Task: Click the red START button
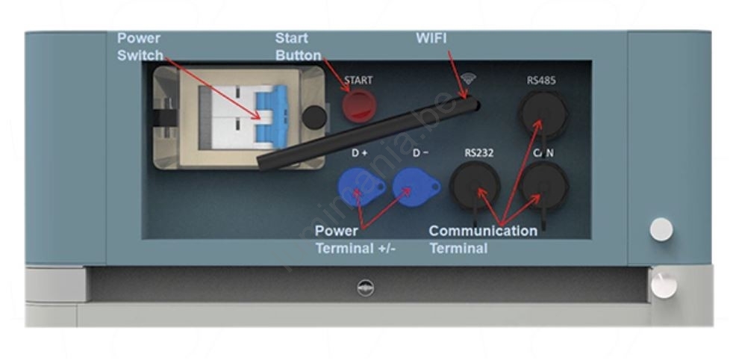pyautogui.click(x=357, y=106)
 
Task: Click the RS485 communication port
pyautogui.click(x=542, y=112)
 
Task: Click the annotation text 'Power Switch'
pyautogui.click(x=140, y=46)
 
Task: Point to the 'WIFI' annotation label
pyautogui.click(x=431, y=38)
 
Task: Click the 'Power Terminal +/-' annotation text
pyautogui.click(x=355, y=240)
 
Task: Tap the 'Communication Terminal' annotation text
pyautogui.click(x=482, y=240)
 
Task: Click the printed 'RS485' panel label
pyautogui.click(x=541, y=80)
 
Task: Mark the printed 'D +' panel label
pyautogui.click(x=360, y=153)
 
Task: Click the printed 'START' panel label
pyautogui.click(x=358, y=79)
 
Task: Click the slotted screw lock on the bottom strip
pyautogui.click(x=366, y=288)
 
